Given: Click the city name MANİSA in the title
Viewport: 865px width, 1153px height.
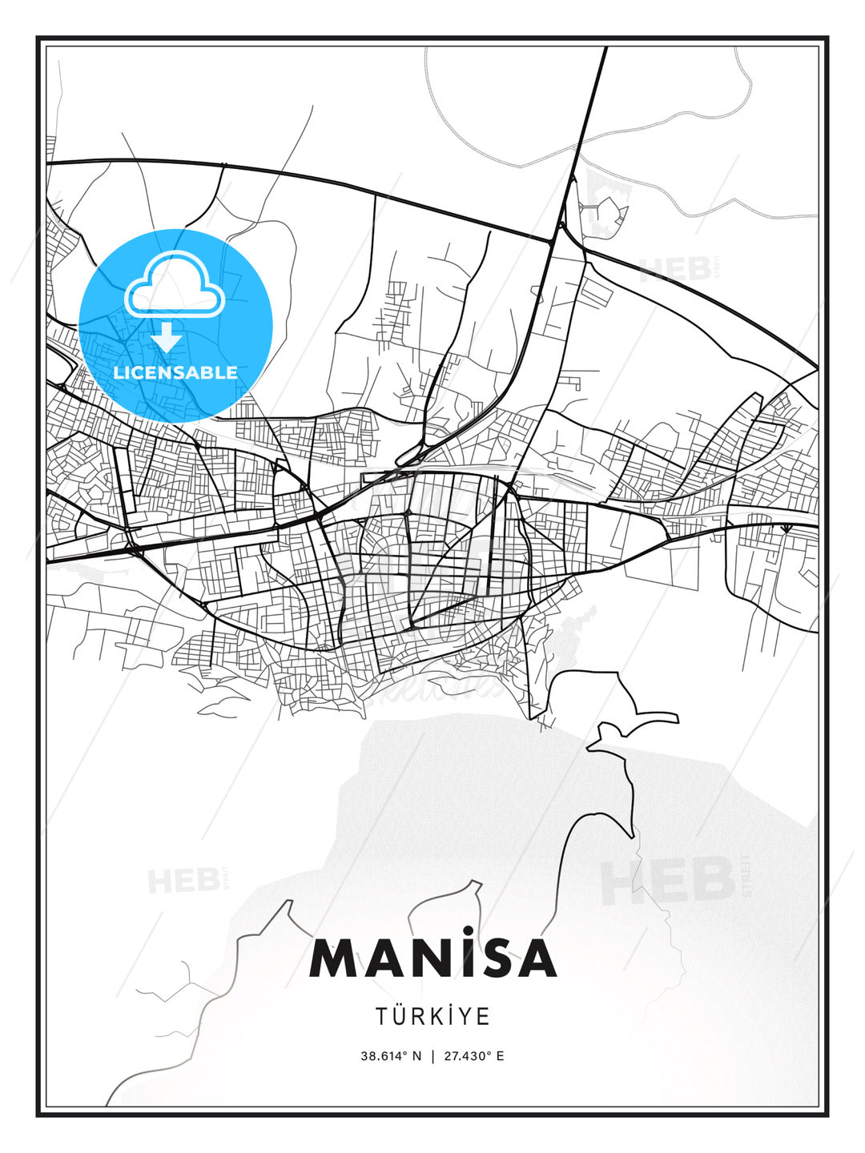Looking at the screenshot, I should [x=432, y=958].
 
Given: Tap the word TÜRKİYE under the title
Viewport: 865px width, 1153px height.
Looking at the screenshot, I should [x=432, y=1016].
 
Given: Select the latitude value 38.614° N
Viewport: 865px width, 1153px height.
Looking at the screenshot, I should [x=391, y=1055].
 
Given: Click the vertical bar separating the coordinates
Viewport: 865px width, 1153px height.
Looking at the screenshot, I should [x=433, y=1055].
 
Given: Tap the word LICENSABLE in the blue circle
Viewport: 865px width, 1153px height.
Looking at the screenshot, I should [x=175, y=372].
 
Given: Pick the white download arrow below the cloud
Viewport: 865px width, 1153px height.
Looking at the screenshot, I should [x=167, y=337].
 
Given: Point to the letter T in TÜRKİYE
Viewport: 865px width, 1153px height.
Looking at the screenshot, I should [x=381, y=1017].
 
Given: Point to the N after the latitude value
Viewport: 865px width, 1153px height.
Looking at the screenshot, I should [x=416, y=1055].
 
